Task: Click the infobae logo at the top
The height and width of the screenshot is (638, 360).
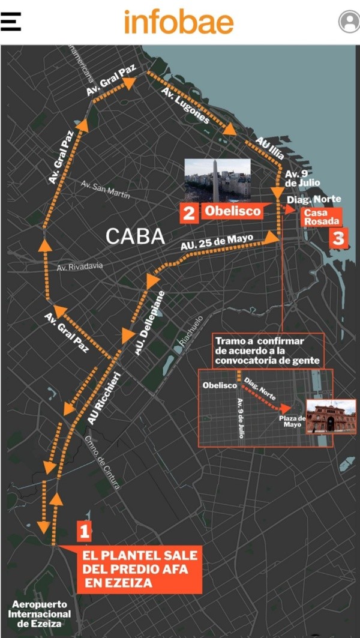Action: (179, 22)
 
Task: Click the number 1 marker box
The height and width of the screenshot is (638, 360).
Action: (84, 531)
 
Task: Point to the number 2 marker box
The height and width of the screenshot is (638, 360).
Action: (189, 212)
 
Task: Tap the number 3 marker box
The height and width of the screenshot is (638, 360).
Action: (338, 238)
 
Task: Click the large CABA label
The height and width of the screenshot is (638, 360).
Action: (135, 236)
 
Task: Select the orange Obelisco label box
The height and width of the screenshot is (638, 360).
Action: (232, 211)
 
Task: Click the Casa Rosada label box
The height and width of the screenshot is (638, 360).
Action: (322, 217)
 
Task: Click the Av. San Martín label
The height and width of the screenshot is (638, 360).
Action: (105, 190)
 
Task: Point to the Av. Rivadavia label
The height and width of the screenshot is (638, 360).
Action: (80, 266)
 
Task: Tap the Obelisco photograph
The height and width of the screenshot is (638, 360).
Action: (217, 180)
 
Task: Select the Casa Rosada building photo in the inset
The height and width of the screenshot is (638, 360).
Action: (331, 416)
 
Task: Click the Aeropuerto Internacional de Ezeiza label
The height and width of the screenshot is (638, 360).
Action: (39, 614)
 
